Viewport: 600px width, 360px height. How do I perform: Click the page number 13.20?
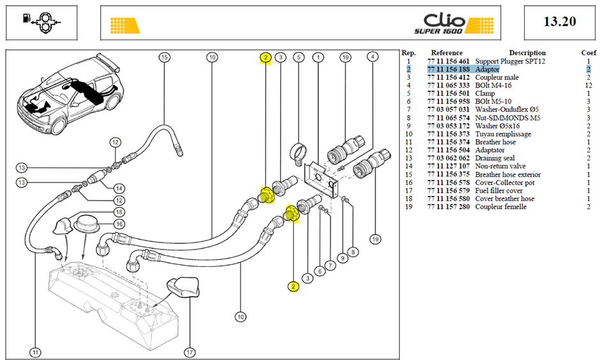[560, 22]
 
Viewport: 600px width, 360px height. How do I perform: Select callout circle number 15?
[165, 57]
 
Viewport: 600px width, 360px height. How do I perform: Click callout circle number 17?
[190, 352]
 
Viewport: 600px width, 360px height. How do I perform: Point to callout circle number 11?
[35, 352]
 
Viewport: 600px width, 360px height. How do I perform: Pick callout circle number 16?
[119, 224]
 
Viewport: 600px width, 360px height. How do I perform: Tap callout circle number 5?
[299, 57]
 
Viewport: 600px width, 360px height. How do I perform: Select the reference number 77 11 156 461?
[448, 61]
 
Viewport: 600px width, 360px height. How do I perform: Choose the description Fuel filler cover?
[499, 190]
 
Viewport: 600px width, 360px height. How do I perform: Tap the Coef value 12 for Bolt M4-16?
[589, 86]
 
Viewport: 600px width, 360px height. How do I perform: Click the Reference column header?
[447, 53]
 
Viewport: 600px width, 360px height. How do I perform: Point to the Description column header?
[527, 53]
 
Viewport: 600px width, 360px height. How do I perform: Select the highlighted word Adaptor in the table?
[487, 69]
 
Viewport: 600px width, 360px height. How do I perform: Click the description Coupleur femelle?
[500, 207]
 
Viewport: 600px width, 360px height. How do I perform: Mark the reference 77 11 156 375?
[448, 174]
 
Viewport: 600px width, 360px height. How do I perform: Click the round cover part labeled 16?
[86, 223]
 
